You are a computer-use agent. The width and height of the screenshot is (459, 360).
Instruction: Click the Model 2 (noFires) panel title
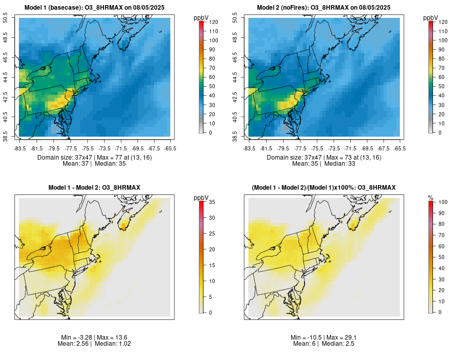tap(324, 8)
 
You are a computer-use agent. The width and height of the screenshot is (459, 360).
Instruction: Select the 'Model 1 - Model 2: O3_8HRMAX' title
tap(94, 188)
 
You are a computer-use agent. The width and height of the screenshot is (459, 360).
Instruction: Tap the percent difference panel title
tap(324, 188)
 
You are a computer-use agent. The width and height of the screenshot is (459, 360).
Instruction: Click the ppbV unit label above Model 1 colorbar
tap(202, 18)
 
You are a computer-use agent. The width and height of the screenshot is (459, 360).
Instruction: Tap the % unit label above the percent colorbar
tap(430, 198)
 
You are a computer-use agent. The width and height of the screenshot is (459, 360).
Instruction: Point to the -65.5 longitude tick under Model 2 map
tap(399, 148)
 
